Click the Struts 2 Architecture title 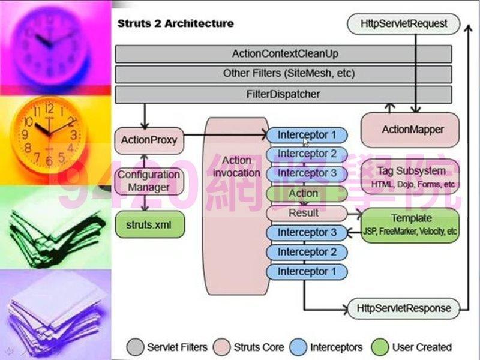(x=175, y=24)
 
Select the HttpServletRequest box (x=404, y=25)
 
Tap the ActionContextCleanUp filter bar (x=284, y=54)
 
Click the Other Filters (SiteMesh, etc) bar (x=284, y=74)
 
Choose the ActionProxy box (x=149, y=140)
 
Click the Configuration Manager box (x=149, y=181)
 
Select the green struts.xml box (x=149, y=225)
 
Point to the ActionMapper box (x=411, y=130)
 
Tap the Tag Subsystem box (x=411, y=176)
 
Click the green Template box (x=411, y=224)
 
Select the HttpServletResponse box (x=403, y=308)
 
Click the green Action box (x=304, y=193)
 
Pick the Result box (x=304, y=213)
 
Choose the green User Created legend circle (x=380, y=347)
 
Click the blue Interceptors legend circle (x=298, y=347)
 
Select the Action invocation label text (x=236, y=167)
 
